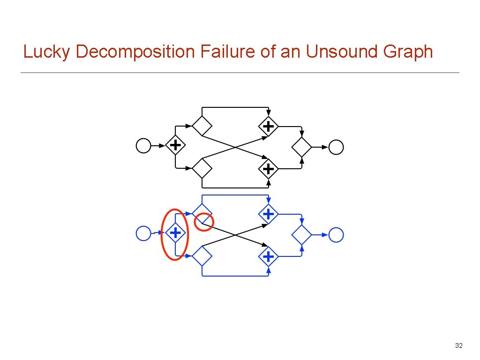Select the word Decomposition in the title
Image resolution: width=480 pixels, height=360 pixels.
[x=135, y=52]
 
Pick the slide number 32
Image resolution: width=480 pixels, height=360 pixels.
[x=459, y=346]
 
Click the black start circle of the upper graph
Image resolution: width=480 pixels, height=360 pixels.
[x=143, y=146]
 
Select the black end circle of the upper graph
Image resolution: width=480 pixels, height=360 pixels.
[x=336, y=147]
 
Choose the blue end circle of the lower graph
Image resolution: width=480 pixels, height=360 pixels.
[x=336, y=234]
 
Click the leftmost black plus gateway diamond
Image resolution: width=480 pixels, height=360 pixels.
[x=175, y=146]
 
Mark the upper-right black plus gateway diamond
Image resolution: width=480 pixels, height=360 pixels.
[x=268, y=126]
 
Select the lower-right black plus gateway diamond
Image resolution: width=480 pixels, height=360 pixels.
[x=268, y=168]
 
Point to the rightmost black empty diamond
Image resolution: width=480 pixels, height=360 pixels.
[x=302, y=147]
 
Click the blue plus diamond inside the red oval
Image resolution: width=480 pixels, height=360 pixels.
[x=175, y=232]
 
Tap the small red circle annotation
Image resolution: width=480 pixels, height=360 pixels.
[x=204, y=221]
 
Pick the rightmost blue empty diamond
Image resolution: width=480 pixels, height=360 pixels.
[x=302, y=234]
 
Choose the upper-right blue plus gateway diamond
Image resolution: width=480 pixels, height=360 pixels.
[x=268, y=214]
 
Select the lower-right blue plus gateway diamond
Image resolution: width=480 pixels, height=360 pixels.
[x=268, y=256]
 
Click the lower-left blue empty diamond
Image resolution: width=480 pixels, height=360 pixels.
[x=202, y=256]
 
